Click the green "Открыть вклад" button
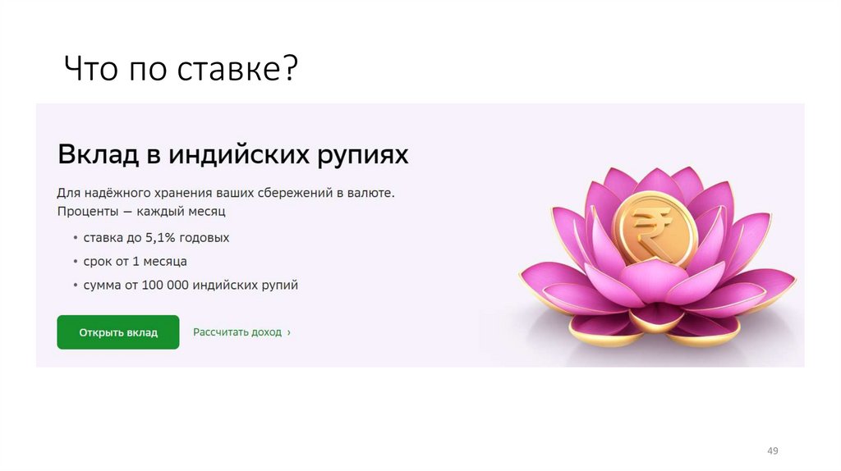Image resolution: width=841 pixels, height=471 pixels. click(x=117, y=332)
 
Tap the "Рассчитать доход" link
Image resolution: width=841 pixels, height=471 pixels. click(x=237, y=332)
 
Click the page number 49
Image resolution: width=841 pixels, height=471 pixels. click(x=772, y=451)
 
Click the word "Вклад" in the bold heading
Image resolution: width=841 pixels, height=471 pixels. click(x=91, y=154)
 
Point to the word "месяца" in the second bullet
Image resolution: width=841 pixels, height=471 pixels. click(x=167, y=262)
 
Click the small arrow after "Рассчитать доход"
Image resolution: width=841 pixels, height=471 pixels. click(x=288, y=332)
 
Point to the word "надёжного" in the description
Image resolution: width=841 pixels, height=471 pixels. click(x=114, y=194)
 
